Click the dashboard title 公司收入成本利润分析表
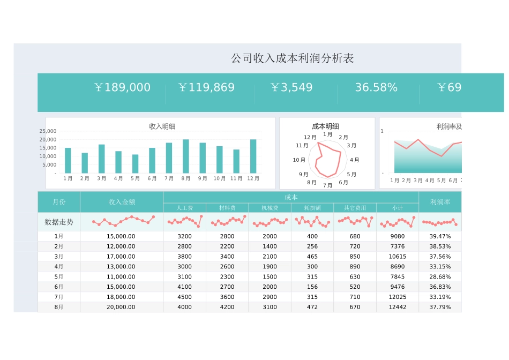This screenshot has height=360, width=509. [x=292, y=58]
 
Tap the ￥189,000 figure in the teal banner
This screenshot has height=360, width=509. [x=122, y=87]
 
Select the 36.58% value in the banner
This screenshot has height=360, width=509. [x=376, y=87]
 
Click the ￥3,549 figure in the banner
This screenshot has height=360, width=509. [x=291, y=87]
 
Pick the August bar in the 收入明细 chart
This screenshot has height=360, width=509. [x=186, y=156]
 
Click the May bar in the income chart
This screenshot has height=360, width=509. [x=136, y=164]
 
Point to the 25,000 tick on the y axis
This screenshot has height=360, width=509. [x=48, y=131]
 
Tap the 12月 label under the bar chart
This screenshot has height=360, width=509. [x=253, y=178]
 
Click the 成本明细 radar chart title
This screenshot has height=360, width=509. [x=325, y=126]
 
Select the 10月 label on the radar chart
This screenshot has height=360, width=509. [x=299, y=160]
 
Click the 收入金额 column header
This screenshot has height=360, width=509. [x=122, y=202]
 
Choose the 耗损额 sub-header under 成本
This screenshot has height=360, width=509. [x=312, y=208]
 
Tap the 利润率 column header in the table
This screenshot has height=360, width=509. [x=440, y=202]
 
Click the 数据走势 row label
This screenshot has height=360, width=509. [x=59, y=222]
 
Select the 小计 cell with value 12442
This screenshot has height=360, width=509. [x=398, y=307]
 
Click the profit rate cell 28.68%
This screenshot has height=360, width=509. [x=440, y=277]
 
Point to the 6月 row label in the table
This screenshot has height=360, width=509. [x=59, y=287]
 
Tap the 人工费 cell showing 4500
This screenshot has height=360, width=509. [x=184, y=297]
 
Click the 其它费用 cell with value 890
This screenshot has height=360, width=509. [x=355, y=267]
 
